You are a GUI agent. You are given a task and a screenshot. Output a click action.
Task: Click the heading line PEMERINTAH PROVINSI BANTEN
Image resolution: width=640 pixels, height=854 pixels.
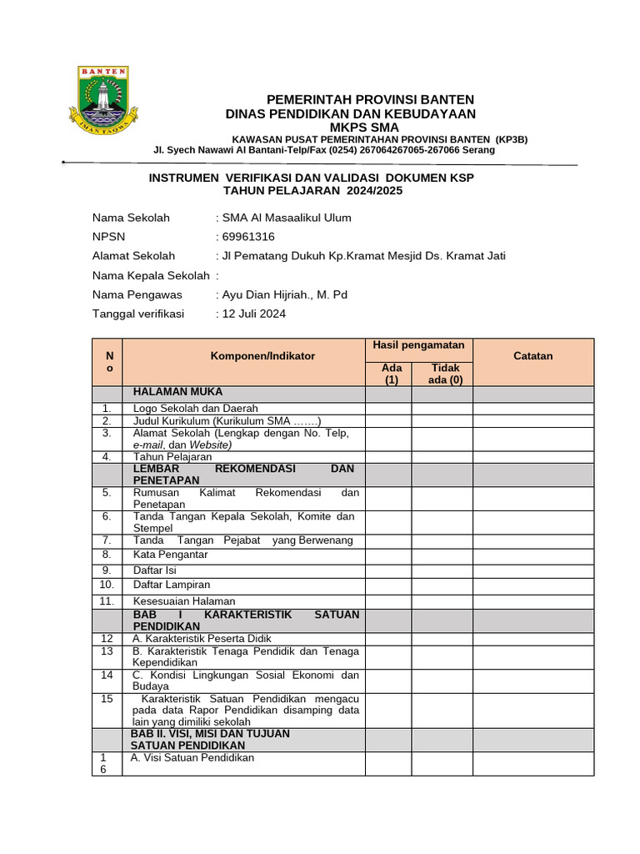click(370, 99)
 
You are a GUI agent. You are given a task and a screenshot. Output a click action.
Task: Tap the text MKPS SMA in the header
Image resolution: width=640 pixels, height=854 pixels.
click(364, 127)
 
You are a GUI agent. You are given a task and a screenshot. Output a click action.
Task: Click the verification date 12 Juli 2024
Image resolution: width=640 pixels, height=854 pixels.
click(252, 314)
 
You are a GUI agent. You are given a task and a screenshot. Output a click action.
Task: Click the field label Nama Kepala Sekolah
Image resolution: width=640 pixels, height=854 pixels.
click(151, 275)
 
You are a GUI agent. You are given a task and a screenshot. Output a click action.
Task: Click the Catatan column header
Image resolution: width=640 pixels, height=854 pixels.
click(532, 356)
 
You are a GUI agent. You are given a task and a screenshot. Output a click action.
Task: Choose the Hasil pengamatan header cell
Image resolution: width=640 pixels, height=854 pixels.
click(418, 345)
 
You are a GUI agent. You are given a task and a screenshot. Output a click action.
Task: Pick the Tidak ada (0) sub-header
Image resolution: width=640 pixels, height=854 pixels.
click(444, 374)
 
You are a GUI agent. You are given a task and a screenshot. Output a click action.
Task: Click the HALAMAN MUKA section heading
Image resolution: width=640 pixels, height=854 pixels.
click(177, 392)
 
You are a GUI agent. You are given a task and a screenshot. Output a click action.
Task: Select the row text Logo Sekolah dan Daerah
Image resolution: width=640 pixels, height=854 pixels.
click(196, 409)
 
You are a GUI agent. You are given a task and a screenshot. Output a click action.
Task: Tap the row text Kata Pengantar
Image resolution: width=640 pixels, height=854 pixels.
click(170, 555)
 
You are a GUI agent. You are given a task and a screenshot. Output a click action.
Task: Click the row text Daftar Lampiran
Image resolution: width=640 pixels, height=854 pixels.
click(172, 585)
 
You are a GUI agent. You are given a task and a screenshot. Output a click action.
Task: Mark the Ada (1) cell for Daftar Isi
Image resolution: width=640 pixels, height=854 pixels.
click(387, 570)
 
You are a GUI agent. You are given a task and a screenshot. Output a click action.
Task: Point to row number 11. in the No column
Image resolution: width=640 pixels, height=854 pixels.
click(107, 601)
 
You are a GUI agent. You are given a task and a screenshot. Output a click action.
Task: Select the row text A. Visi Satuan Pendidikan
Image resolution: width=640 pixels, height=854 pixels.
click(192, 758)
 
